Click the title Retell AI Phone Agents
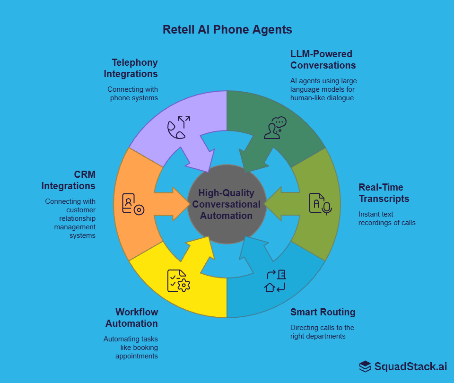coord(227,29)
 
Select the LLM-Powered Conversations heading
coord(323,60)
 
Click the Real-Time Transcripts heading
coord(384,193)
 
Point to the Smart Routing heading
coord(323,312)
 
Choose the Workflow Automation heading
coord(132,318)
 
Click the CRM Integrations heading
coord(69,180)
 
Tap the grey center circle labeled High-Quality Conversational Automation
coord(227,204)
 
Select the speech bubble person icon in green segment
coord(275,128)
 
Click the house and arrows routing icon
coord(275,281)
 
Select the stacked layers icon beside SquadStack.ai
coord(365,366)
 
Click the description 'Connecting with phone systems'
coord(133,94)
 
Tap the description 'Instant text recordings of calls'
coord(387,218)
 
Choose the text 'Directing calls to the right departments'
coord(322,332)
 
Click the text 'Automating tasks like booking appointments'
coord(131,348)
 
